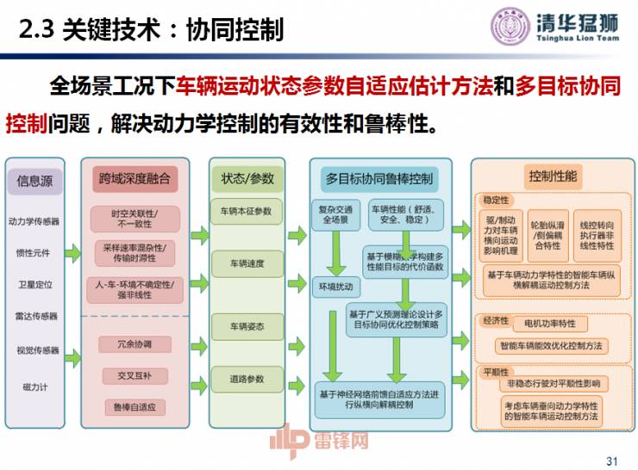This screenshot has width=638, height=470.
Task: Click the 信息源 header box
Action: tap(34, 180)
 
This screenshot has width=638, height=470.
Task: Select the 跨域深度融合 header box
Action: tap(134, 178)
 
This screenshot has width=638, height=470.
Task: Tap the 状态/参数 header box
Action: tap(247, 178)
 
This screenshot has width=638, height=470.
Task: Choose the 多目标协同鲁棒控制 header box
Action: tap(378, 179)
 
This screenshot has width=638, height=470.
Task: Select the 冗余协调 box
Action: tap(134, 344)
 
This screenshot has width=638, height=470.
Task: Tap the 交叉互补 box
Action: tap(134, 376)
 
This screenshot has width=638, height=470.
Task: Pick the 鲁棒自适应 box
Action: tap(134, 406)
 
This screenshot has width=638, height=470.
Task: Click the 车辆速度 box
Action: tap(247, 263)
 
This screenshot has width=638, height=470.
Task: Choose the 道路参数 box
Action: tap(247, 379)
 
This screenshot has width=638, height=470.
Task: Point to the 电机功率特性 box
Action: tap(550, 325)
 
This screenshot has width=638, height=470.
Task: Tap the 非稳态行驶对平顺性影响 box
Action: tap(553, 383)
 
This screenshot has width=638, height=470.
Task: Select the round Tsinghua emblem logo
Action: tap(510, 26)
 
